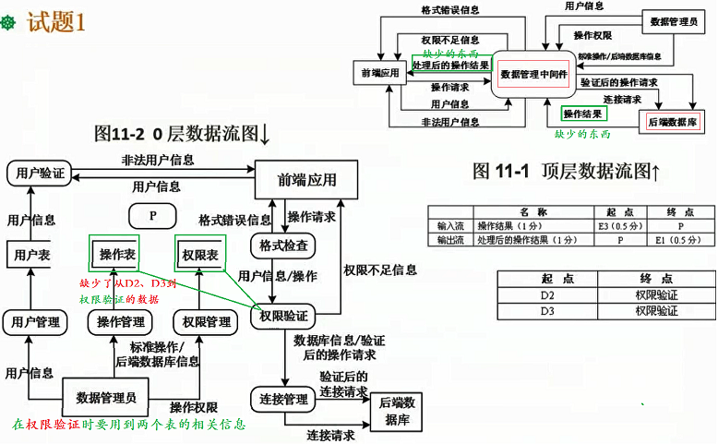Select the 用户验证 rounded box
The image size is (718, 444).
point(41,173)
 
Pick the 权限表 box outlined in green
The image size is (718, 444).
point(200,254)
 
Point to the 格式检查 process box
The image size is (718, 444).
point(283,246)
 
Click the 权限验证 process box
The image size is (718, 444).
point(283,316)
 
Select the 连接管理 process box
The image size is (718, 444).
point(283,400)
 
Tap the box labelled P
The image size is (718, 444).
point(156,216)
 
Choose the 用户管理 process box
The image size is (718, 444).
point(33,322)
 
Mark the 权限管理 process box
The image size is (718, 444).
point(207,322)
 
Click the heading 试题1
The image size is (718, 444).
point(57,22)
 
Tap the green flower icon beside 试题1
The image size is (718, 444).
point(12,22)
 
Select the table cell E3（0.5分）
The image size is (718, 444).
point(614,225)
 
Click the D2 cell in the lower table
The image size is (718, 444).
point(547,295)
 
